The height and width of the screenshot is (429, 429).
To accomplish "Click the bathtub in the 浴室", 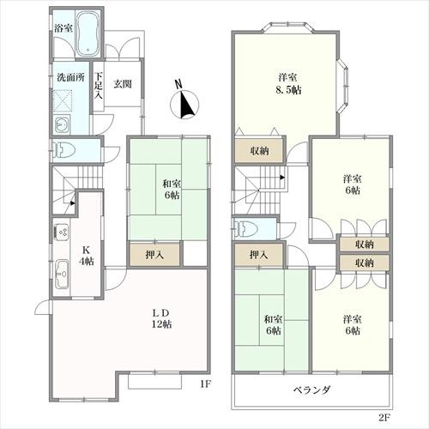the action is [x=88, y=34].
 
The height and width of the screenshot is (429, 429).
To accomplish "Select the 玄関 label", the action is [x=123, y=84].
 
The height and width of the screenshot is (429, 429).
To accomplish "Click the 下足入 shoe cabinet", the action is [x=99, y=87].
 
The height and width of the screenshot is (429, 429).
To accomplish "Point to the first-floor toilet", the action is [x=64, y=150].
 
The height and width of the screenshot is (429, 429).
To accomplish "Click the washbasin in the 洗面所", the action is [x=62, y=124].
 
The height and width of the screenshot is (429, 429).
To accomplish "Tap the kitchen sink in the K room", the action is [x=62, y=274].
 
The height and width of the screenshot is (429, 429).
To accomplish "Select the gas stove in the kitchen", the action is [x=61, y=233].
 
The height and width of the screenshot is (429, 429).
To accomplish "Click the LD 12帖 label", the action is [x=161, y=318].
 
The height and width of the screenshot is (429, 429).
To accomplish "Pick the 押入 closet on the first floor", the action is [x=154, y=254].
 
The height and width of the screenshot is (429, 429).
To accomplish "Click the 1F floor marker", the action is [x=205, y=384].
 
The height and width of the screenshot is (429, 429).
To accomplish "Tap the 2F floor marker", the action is [x=384, y=418].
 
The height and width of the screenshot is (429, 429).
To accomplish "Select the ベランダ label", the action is [x=312, y=390].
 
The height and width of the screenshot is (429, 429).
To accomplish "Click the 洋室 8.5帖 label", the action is [x=288, y=84].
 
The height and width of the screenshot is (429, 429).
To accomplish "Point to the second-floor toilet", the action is [x=246, y=229].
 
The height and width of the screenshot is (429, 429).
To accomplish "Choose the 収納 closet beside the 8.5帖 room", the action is [x=259, y=151].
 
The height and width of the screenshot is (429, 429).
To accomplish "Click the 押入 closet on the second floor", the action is [x=259, y=255].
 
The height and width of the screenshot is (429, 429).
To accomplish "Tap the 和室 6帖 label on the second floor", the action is [x=273, y=324].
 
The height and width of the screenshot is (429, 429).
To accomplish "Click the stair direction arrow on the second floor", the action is [x=282, y=178].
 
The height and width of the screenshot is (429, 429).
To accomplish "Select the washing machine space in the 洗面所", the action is [x=63, y=100].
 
